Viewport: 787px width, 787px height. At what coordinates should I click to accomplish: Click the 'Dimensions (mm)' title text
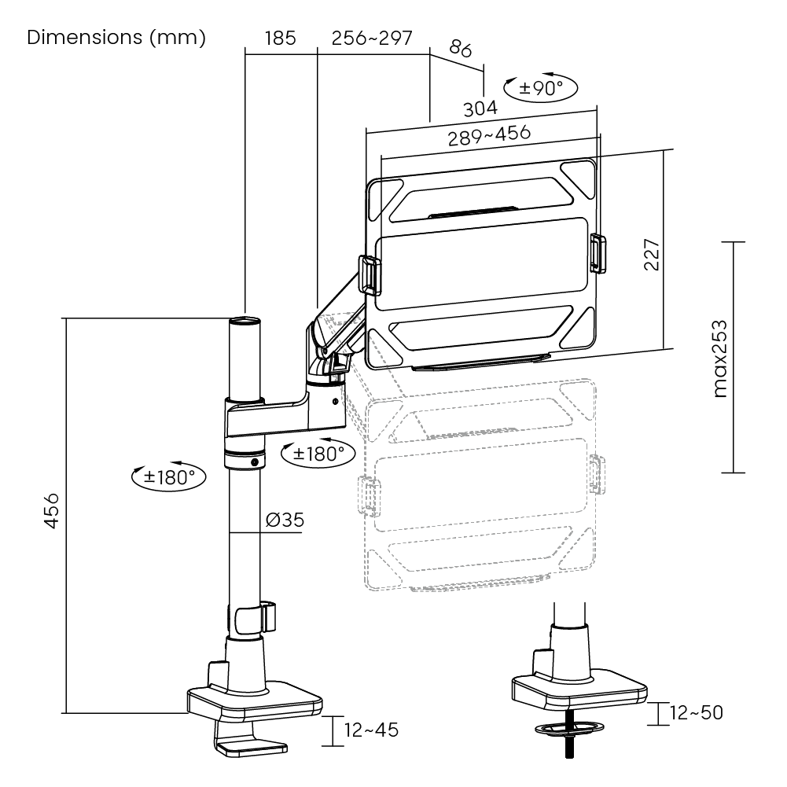pyautogui.click(x=116, y=38)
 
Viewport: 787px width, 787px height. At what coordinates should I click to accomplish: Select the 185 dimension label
pyautogui.click(x=280, y=39)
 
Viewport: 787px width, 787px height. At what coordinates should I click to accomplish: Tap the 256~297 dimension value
pyautogui.click(x=372, y=39)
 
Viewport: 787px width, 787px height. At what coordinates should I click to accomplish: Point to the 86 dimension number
pyautogui.click(x=460, y=49)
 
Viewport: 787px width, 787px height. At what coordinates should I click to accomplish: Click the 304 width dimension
pyautogui.click(x=480, y=108)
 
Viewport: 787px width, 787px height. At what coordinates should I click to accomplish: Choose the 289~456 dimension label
pyautogui.click(x=489, y=135)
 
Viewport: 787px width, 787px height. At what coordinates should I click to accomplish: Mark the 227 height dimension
pyautogui.click(x=652, y=255)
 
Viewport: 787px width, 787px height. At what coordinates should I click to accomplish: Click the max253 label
pyautogui.click(x=719, y=359)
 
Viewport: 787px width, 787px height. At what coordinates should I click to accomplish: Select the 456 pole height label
pyautogui.click(x=51, y=511)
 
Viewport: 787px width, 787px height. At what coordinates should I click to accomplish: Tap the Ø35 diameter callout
pyautogui.click(x=285, y=520)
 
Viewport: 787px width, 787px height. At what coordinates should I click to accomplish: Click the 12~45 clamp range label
pyautogui.click(x=371, y=730)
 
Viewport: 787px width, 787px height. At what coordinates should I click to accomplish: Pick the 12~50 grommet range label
pyautogui.click(x=697, y=712)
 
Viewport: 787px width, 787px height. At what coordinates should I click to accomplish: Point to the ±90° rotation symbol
pyautogui.click(x=541, y=88)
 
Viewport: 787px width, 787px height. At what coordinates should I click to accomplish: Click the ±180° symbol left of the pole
pyautogui.click(x=168, y=476)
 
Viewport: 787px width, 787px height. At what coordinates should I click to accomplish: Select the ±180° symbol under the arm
pyautogui.click(x=318, y=453)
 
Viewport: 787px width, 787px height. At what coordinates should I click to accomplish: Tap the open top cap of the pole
pyautogui.click(x=245, y=320)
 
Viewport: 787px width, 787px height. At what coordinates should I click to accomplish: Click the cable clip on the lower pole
pyautogui.click(x=256, y=618)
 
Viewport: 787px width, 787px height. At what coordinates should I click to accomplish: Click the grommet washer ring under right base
pyautogui.click(x=569, y=728)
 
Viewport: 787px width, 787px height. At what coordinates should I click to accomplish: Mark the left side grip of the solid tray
pyautogui.click(x=370, y=275)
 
